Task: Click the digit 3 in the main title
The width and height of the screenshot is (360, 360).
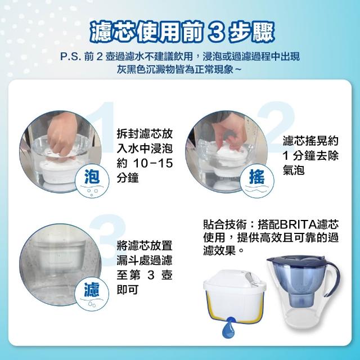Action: point(217,33)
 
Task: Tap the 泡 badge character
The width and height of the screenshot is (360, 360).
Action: point(92,177)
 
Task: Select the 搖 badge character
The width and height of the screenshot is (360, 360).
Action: point(257,177)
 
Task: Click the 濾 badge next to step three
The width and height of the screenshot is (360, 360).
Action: point(92,290)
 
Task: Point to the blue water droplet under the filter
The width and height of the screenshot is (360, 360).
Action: point(228,327)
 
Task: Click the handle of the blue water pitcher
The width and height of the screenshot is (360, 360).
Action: point(333,278)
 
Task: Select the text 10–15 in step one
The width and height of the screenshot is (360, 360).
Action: point(153,163)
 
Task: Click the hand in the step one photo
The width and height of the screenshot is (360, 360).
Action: point(61,135)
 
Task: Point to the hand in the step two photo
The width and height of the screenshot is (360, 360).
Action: point(227,136)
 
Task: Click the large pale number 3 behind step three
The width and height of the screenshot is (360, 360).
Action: point(108,238)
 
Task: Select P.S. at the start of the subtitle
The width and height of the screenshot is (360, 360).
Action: point(70,56)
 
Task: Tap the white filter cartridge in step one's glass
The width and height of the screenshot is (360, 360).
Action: point(59,171)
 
